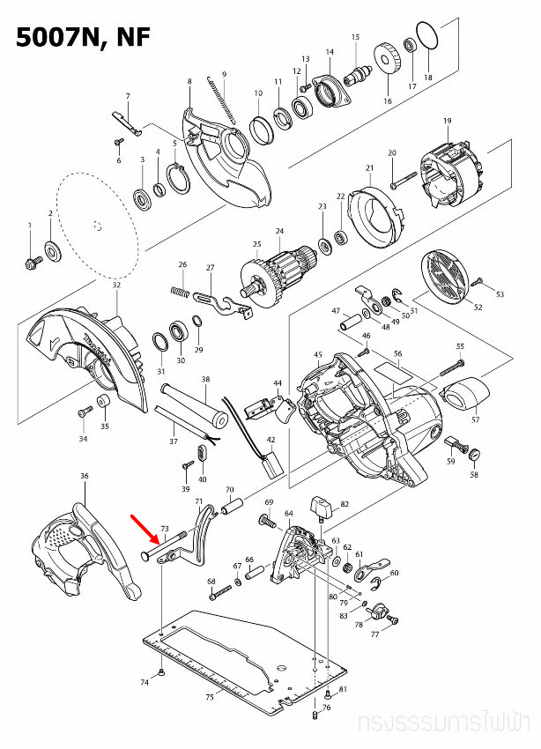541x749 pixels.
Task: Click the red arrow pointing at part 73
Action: [x=145, y=528]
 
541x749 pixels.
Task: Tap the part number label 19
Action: [x=447, y=120]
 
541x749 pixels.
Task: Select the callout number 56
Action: [x=397, y=354]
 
